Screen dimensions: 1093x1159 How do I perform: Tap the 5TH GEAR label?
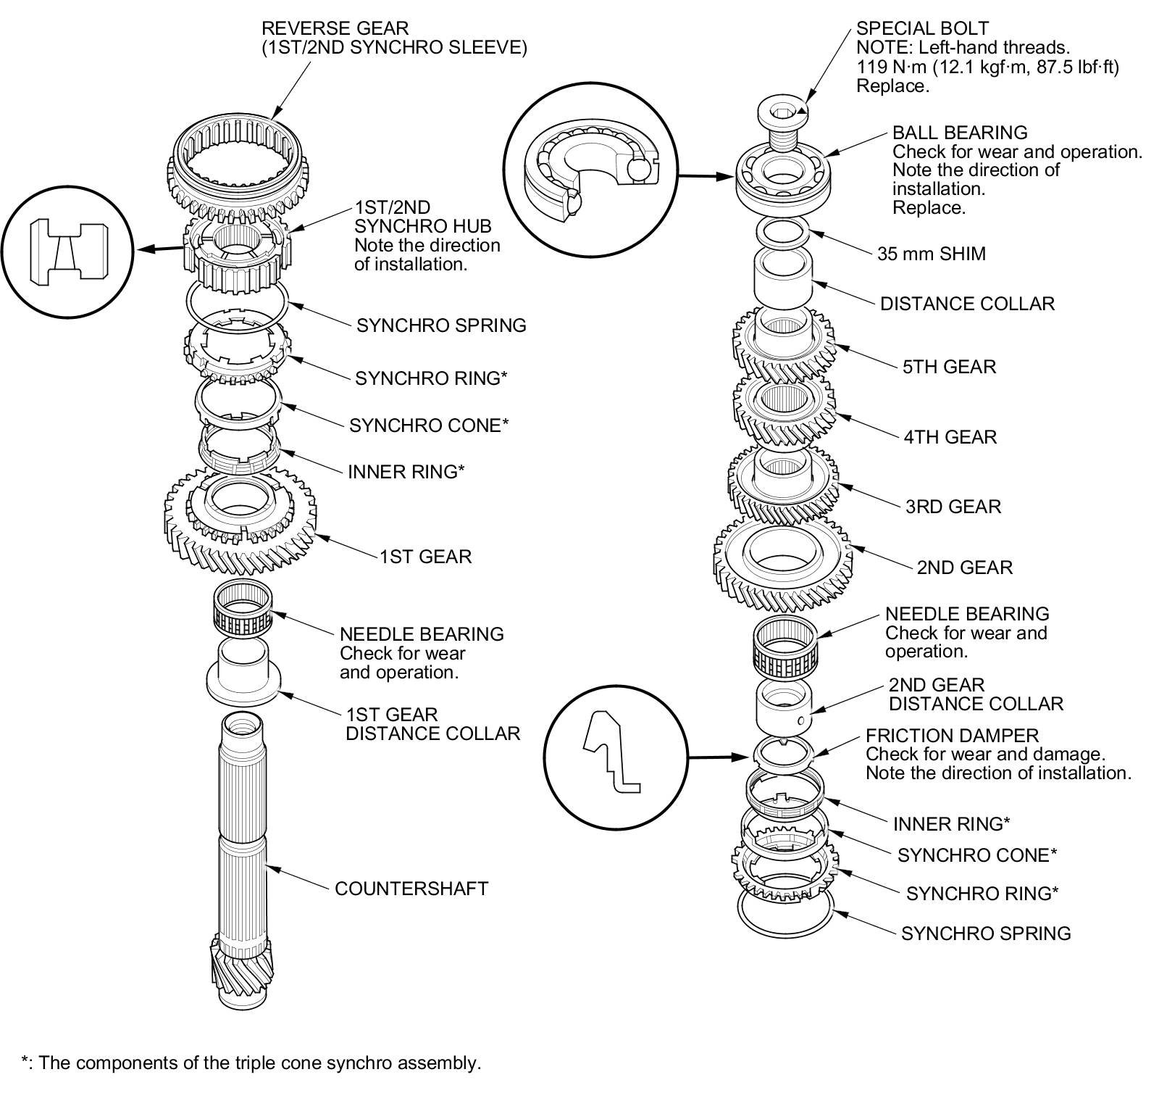(949, 367)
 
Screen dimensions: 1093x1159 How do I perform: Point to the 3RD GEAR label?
(953, 507)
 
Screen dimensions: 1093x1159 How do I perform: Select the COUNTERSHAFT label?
(411, 889)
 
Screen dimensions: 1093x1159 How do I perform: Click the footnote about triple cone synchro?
(251, 1063)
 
